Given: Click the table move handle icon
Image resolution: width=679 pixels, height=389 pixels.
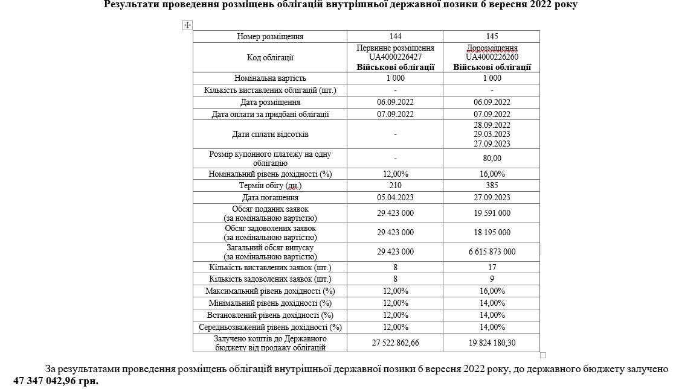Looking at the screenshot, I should click(187, 25).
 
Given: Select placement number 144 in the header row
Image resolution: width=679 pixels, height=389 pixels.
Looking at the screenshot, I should click(395, 37).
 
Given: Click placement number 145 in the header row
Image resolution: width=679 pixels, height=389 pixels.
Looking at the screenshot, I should click(492, 37).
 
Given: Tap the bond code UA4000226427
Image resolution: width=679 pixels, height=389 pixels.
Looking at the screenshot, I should click(395, 57).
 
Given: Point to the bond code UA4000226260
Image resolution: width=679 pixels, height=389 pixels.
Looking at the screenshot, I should click(492, 57).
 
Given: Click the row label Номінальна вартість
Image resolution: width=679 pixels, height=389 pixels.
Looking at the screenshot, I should click(270, 78).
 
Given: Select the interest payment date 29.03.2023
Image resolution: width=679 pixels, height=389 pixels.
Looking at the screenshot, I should click(492, 134).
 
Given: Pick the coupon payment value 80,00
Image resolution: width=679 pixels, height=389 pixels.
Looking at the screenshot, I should click(492, 159).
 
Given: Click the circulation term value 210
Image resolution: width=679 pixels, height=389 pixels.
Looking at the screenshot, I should click(395, 186).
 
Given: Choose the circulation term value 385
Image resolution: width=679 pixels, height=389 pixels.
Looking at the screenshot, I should click(492, 186).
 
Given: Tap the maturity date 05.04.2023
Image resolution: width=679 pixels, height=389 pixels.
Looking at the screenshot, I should click(395, 198).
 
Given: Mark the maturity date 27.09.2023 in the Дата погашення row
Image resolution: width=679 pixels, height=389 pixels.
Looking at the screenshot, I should click(492, 198).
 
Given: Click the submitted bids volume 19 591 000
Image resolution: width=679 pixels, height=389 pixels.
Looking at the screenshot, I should click(492, 213).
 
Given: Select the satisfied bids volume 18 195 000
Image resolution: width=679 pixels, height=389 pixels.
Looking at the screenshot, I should click(492, 232).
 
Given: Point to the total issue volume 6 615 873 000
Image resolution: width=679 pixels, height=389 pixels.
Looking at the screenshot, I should click(492, 251).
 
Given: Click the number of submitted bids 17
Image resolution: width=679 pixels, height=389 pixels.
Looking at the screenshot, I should click(492, 267).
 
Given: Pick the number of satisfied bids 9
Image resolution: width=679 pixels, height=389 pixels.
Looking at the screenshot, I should click(492, 279).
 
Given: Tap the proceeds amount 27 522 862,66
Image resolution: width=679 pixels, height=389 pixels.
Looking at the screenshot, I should click(395, 343).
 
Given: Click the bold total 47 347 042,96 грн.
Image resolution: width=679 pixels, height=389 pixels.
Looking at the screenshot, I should click(56, 381).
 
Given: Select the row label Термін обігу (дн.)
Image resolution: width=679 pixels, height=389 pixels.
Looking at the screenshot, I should click(270, 186).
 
